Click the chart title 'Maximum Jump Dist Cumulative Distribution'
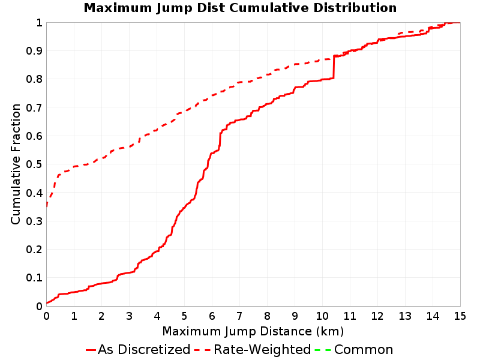240,8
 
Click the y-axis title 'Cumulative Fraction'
16,164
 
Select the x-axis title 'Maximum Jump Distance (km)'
253,331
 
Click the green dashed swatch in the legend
323,350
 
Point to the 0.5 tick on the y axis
34,164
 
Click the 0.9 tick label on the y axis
34,51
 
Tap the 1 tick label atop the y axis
39,23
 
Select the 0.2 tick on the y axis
34,250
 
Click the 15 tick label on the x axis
460,316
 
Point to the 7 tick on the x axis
239,316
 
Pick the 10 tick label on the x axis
322,316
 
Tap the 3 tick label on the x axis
129,316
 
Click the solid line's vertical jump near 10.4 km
334,67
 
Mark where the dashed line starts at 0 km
47,206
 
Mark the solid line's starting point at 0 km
47,303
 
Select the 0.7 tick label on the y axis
34,108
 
